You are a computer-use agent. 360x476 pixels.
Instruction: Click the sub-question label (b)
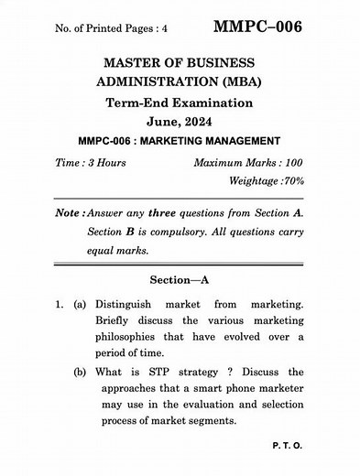pyautogui.click(x=79, y=373)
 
